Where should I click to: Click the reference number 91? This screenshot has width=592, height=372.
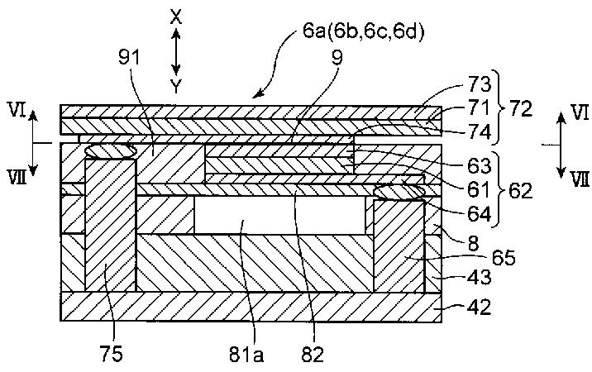coord(130,58)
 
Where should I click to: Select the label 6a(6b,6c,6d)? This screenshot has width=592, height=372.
coord(364,31)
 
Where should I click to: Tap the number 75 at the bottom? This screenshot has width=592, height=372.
coord(112,355)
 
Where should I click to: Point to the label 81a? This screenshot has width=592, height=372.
coord(246,355)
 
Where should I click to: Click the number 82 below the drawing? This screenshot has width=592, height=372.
coord(313,355)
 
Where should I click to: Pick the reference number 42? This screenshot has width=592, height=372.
coord(479,307)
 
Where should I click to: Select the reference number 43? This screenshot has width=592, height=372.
coord(479,276)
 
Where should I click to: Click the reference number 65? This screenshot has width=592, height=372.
coord(504,258)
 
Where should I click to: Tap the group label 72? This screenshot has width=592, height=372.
coord(520,109)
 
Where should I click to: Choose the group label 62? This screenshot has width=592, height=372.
coord(520,190)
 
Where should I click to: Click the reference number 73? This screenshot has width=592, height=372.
coord(479,83)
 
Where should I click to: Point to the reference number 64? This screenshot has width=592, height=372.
coord(479,214)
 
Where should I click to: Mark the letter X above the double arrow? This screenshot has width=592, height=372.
coord(175,17)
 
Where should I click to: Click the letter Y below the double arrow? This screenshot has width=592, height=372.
coord(175,87)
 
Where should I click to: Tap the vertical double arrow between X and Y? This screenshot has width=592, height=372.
coord(175,52)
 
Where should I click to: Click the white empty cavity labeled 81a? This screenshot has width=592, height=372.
coord(279,215)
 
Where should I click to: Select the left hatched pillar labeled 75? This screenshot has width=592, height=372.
coord(110,225)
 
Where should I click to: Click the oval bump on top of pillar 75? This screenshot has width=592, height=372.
coord(110,150)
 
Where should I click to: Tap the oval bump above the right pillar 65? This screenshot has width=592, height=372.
coord(399,192)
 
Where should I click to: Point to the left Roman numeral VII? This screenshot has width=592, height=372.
coord(17,177)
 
